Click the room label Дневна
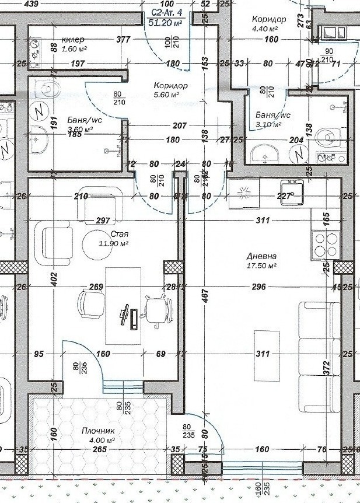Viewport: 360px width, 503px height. tap(261, 256)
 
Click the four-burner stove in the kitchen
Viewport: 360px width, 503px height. tap(327, 244)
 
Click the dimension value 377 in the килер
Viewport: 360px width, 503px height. tap(123, 40)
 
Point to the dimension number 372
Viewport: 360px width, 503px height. tap(327, 367)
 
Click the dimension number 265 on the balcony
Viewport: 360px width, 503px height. tap(99, 449)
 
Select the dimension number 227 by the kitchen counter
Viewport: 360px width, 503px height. tap(284, 197)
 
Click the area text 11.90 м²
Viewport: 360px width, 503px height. tap(114, 243)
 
